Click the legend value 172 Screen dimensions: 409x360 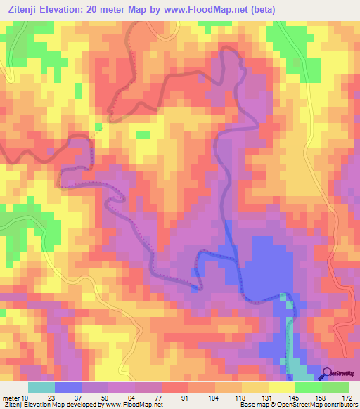click(x=347, y=398)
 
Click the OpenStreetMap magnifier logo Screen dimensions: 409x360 click(x=329, y=375)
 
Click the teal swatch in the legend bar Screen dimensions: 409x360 click(x=41, y=387)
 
